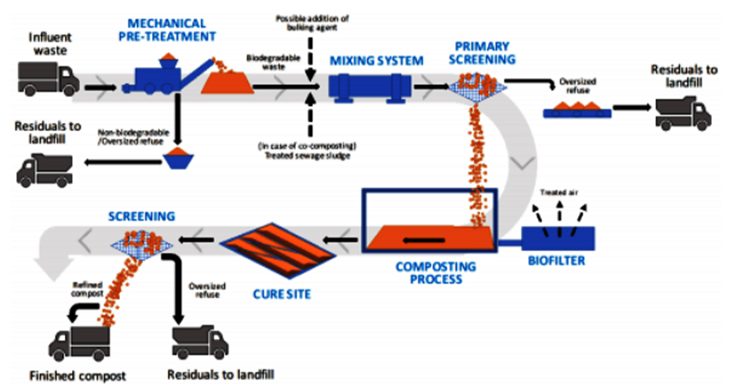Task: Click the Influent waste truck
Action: point(48,79)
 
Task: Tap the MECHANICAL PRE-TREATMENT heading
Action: point(167,30)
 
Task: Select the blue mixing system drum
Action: point(369,87)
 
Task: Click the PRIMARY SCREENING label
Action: point(482,53)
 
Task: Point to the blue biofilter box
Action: point(558,239)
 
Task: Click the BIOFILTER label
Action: point(556,261)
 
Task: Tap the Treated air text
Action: point(559,193)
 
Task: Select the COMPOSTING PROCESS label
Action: point(436,273)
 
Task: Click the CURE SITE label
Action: point(282,295)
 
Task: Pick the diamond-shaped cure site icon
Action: point(277,250)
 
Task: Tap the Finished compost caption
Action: point(78,376)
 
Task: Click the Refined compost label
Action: point(87,290)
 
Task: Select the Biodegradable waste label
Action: point(273,62)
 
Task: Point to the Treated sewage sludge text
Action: point(307,156)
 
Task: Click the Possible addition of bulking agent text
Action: point(312,23)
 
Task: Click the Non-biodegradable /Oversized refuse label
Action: point(133,137)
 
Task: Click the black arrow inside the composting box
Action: point(424,240)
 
